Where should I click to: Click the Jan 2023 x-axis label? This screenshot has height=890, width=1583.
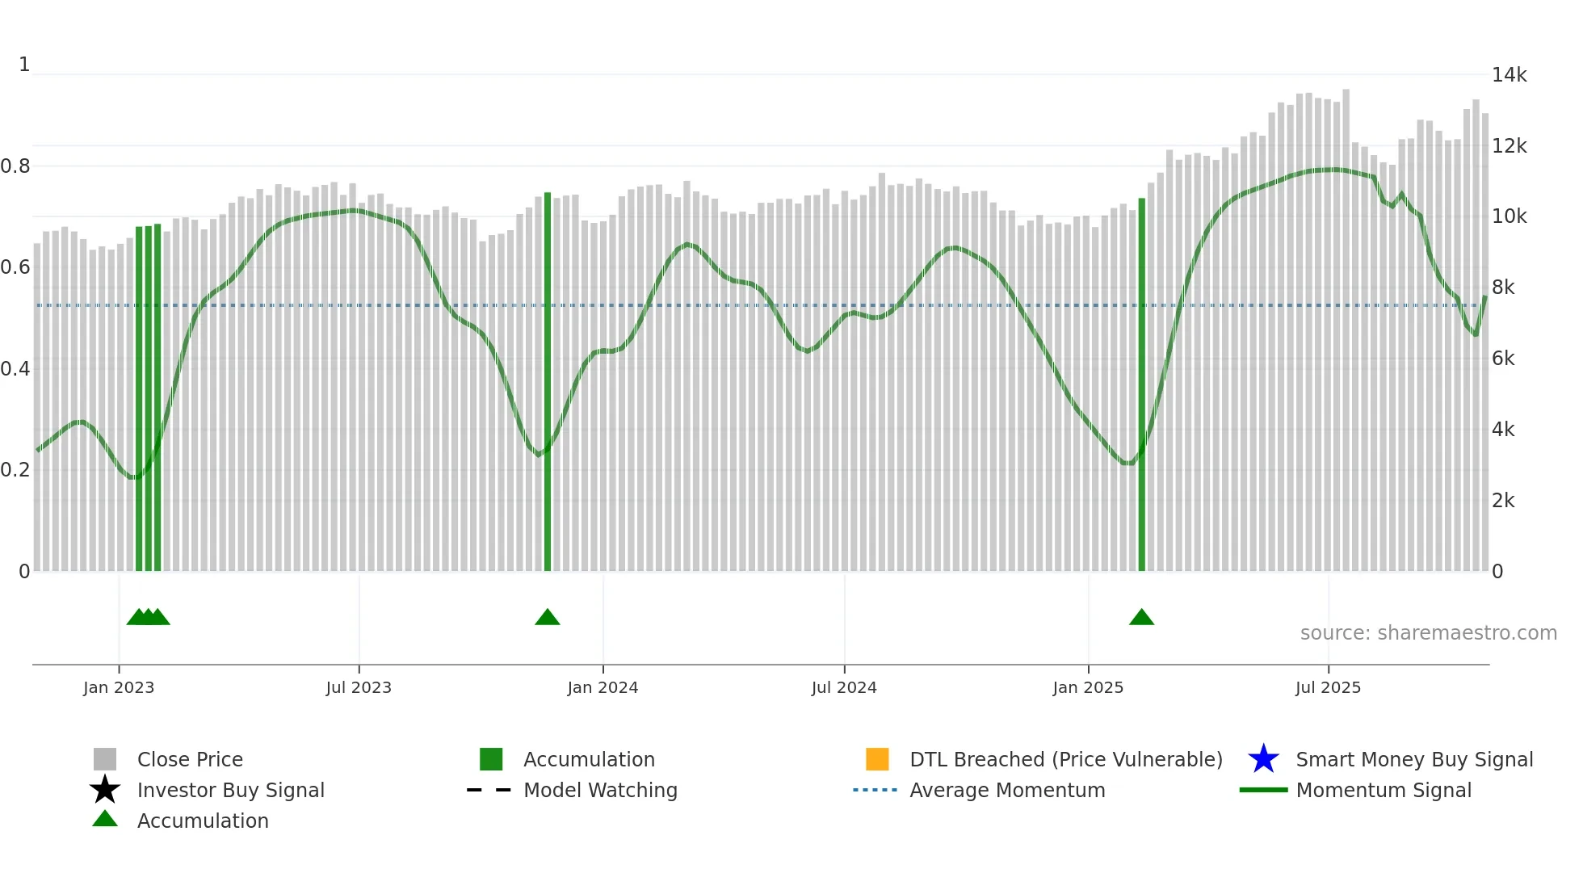(119, 687)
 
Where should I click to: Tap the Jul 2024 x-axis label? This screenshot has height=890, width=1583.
(844, 687)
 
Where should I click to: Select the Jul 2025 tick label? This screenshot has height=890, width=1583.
(1328, 687)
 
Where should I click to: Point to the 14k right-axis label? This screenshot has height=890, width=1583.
(1509, 75)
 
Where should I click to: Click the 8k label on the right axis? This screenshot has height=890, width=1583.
(1503, 288)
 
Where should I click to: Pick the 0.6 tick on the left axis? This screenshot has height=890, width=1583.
(15, 267)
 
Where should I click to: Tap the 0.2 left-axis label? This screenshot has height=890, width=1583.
(15, 470)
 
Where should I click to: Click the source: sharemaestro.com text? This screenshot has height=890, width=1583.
(1428, 633)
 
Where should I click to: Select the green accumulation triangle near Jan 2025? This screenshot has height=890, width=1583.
(1141, 618)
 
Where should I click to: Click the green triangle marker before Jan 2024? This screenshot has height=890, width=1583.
(548, 618)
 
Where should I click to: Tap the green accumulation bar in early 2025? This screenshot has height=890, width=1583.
(1141, 388)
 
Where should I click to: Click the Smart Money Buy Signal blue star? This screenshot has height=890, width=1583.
(1263, 759)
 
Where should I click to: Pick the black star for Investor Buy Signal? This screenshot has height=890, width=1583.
(105, 790)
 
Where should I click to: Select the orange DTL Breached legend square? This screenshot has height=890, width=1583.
(877, 759)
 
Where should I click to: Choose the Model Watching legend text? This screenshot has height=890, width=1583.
(600, 790)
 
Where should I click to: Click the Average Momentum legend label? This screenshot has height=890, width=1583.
(1007, 790)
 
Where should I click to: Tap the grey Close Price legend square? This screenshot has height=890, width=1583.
(105, 759)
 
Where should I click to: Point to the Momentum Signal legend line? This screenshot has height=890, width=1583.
(1263, 790)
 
